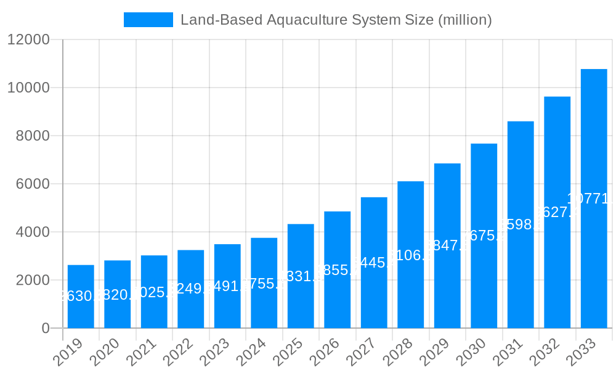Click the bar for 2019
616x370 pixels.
81,297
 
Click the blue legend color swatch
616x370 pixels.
148,20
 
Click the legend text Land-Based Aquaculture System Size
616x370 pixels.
336,20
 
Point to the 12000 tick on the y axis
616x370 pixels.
28,40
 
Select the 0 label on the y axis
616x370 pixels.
46,329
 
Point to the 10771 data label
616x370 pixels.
590,199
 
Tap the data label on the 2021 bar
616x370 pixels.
154,292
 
